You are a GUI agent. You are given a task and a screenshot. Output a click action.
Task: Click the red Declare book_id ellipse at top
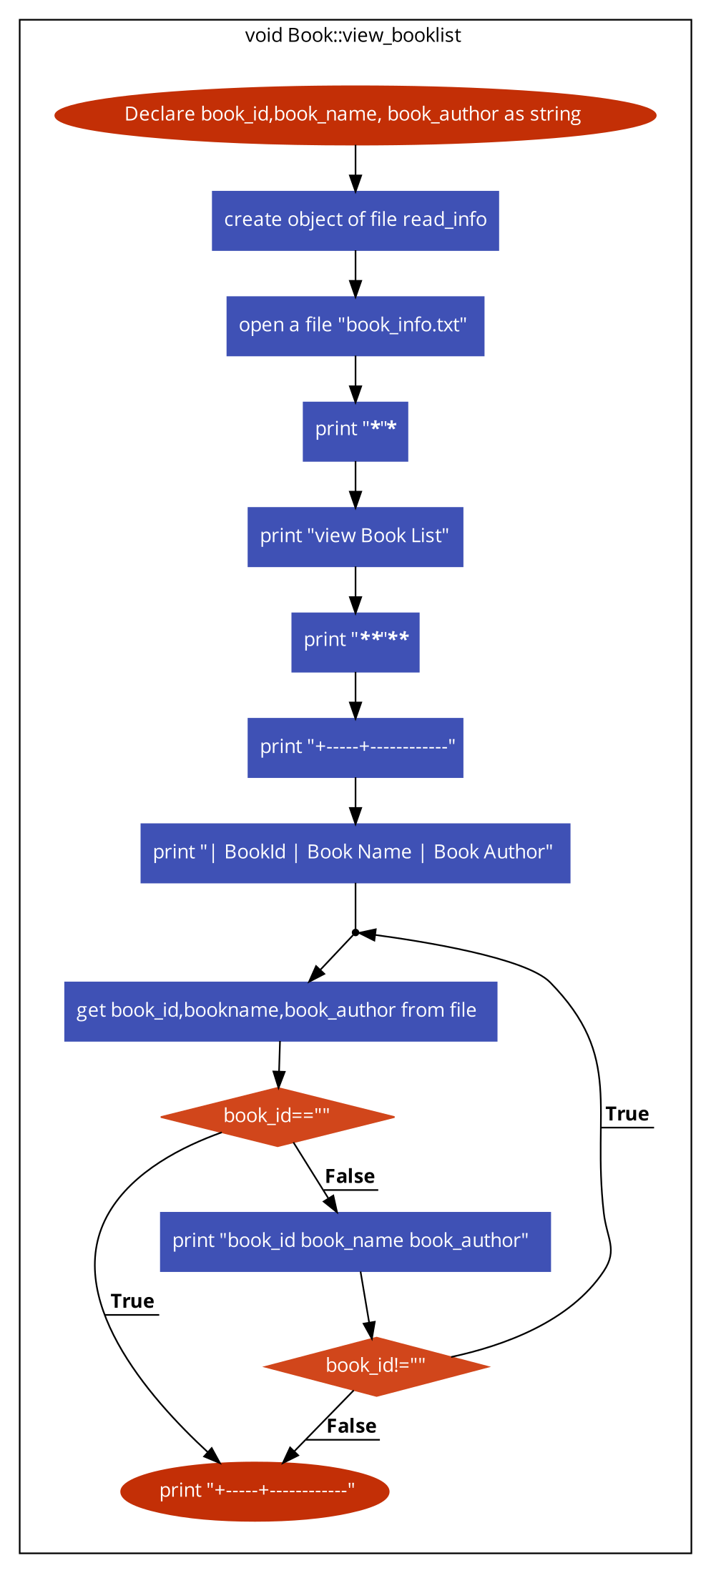point(355,115)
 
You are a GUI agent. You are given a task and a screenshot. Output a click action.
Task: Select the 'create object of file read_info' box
point(355,220)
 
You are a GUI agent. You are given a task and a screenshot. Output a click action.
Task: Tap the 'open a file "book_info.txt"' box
point(355,326)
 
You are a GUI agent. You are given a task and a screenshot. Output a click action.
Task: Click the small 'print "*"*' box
point(355,431)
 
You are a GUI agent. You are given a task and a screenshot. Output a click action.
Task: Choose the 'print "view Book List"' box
point(355,537)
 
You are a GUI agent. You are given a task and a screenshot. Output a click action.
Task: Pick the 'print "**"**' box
point(355,642)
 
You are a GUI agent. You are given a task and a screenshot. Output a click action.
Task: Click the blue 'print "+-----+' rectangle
point(355,748)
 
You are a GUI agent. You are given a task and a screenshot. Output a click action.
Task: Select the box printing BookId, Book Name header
point(355,853)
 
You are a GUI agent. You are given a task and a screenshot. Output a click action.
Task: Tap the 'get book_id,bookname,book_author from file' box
point(280,1011)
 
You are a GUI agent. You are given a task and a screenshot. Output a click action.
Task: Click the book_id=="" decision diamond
point(278,1117)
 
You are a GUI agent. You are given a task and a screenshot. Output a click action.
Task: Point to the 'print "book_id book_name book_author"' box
point(355,1242)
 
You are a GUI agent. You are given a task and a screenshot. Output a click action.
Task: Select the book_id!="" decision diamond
point(376,1366)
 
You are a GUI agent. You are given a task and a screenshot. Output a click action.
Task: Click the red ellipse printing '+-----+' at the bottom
point(255,1491)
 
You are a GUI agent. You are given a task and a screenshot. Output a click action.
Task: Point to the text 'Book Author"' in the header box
point(493,852)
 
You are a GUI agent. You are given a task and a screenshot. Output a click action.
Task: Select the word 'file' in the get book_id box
point(463,1010)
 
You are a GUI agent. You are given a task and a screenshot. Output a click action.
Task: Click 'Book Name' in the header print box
point(359,852)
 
